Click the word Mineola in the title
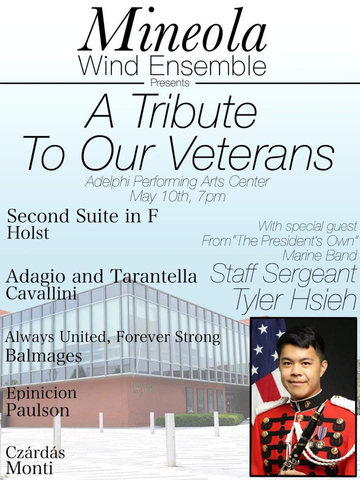pos(172,34)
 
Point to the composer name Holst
pos(28,233)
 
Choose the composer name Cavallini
pos(41,294)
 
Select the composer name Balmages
pos(44,355)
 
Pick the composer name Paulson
pos(38,410)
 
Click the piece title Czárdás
pos(35,454)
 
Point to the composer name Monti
pos(29,468)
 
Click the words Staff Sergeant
pos(283,274)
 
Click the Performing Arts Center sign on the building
pos(144,388)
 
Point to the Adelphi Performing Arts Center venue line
pos(177,182)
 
